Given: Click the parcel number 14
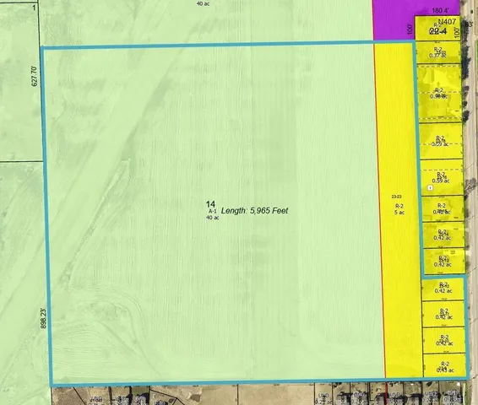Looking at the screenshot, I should tap(210, 203).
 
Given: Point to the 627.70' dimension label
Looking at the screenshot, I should tap(35, 75).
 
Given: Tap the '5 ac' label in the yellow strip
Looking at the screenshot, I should tap(399, 212).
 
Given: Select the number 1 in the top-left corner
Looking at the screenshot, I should tap(34, 7).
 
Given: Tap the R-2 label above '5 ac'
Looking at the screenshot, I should tap(399, 205).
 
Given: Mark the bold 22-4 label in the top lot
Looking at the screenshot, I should tap(437, 30).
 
